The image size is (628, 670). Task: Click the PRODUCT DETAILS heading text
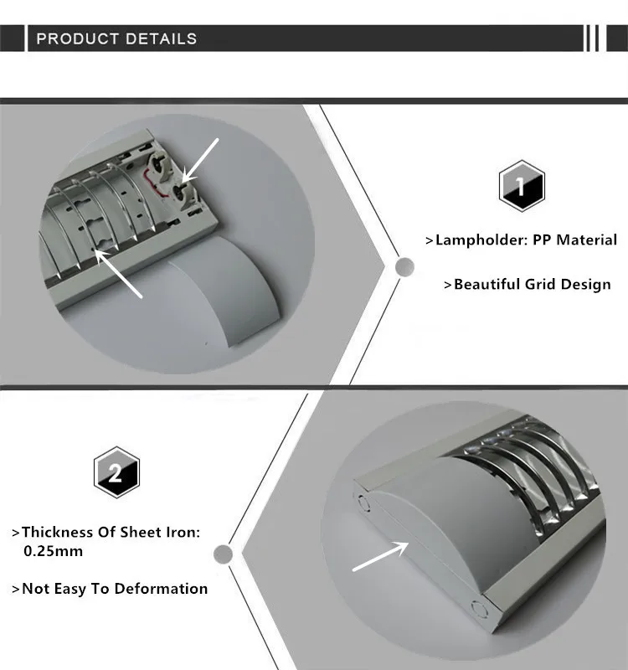pyautogui.click(x=116, y=39)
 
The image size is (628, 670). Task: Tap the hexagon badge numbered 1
pyautogui.click(x=522, y=186)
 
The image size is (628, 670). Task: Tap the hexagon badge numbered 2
pyautogui.click(x=116, y=472)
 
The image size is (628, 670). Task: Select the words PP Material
pyautogui.click(x=574, y=240)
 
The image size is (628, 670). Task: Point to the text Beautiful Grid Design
pyautogui.click(x=533, y=285)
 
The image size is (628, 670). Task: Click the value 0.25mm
pyautogui.click(x=53, y=551)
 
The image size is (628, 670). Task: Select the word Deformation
pyautogui.click(x=161, y=589)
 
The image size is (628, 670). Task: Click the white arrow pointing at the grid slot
pyautogui.click(x=118, y=273)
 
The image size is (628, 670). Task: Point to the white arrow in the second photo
pyautogui.click(x=380, y=555)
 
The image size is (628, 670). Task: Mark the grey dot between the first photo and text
pyautogui.click(x=404, y=267)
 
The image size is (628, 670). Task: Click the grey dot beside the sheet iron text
pyautogui.click(x=223, y=554)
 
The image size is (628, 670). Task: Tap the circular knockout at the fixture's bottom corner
pyautogui.click(x=479, y=610)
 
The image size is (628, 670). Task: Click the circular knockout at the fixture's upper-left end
pyautogui.click(x=363, y=503)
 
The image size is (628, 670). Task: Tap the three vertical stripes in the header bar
pyautogui.click(x=593, y=38)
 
